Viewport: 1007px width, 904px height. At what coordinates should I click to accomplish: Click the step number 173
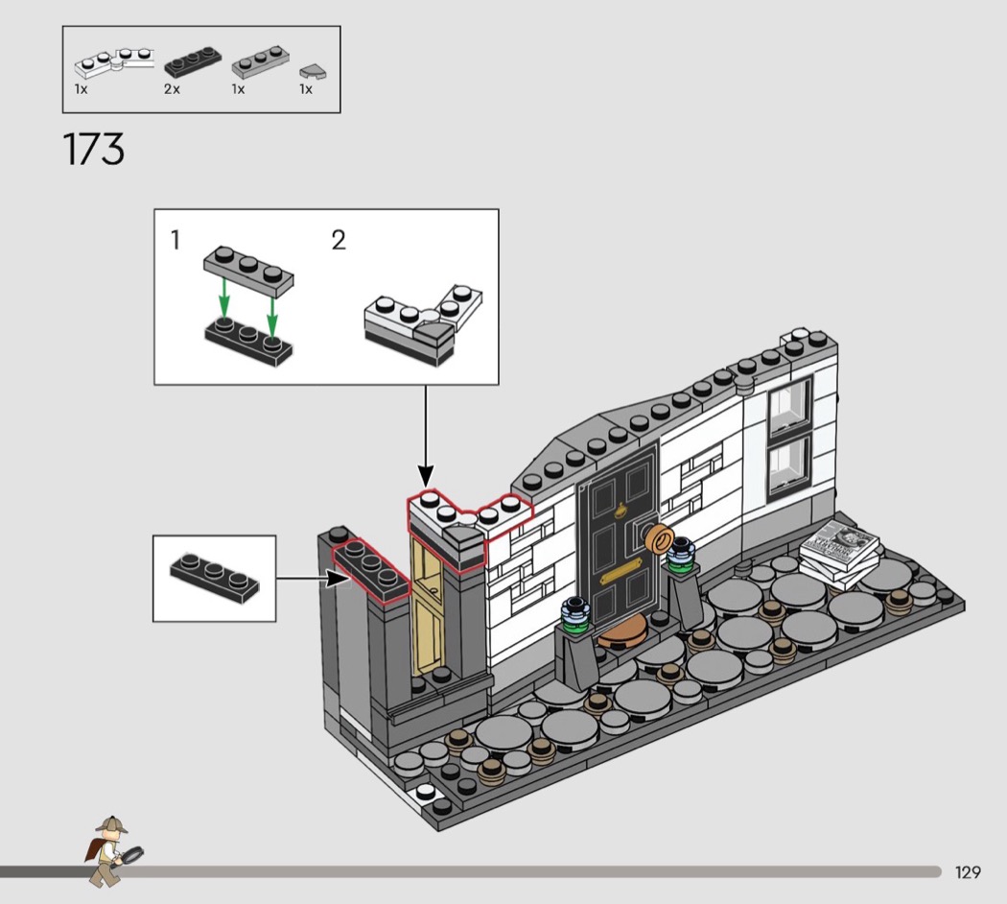[94, 149]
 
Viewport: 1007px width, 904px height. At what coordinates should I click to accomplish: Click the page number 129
[967, 872]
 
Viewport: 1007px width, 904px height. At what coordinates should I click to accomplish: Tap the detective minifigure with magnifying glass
[112, 850]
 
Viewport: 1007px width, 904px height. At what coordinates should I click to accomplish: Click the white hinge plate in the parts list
[114, 59]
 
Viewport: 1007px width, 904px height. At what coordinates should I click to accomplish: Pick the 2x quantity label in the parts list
[172, 89]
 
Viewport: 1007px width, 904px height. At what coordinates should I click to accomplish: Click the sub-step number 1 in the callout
[175, 240]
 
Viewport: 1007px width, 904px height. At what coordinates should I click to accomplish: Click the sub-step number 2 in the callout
[339, 240]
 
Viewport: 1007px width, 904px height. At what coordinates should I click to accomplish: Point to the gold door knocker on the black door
[621, 511]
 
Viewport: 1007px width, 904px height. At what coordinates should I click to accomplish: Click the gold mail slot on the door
[621, 571]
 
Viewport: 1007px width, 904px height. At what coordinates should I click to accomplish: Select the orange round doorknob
[658, 538]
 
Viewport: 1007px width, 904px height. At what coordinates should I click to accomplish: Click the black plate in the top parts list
[193, 61]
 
